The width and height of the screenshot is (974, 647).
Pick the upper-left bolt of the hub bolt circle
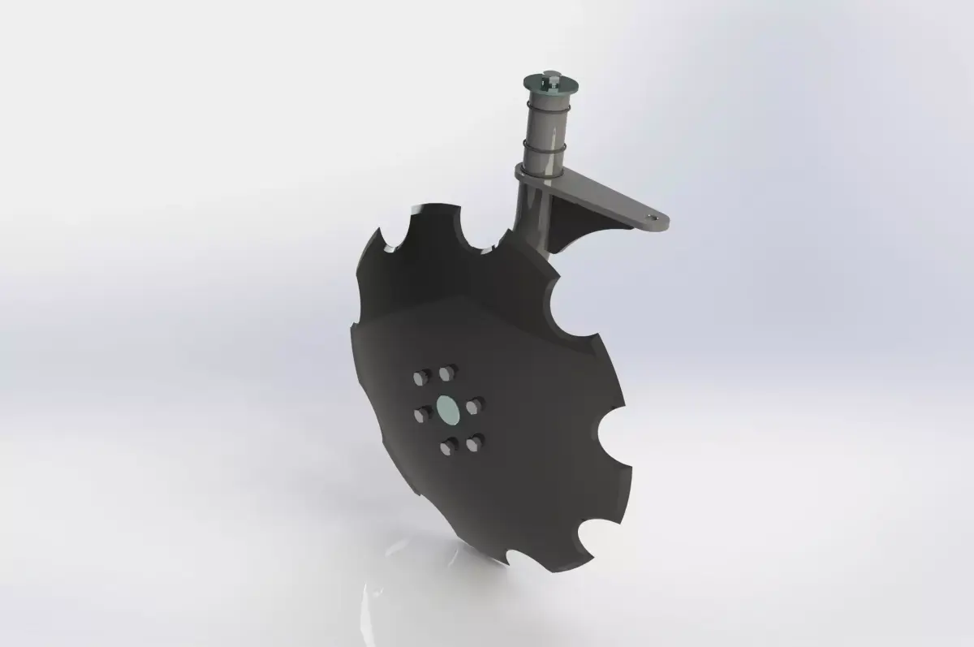coord(421,377)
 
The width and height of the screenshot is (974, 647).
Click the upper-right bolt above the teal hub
coord(445,372)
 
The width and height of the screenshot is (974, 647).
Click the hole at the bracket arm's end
coord(653,218)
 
